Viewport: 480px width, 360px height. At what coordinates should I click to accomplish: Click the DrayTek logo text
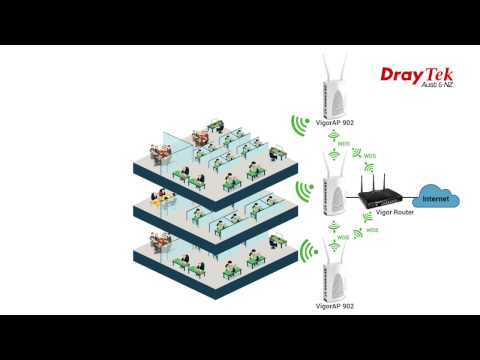pyautogui.click(x=418, y=74)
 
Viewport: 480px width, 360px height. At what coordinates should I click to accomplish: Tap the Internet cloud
pyautogui.click(x=437, y=196)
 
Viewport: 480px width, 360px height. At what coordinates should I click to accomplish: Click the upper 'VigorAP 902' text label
pyautogui.click(x=334, y=123)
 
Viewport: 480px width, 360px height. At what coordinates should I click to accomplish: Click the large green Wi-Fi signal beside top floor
pyautogui.click(x=298, y=124)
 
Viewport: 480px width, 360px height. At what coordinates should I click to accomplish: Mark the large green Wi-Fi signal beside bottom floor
pyautogui.click(x=306, y=251)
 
